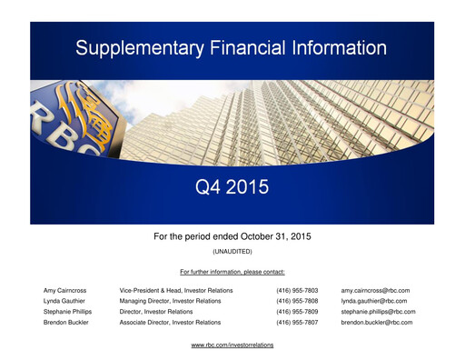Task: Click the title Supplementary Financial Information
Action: pos(232,46)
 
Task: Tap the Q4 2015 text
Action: pos(232,189)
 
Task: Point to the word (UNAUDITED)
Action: pos(232,250)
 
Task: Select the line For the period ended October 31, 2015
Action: pos(232,235)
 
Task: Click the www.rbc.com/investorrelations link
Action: pos(232,345)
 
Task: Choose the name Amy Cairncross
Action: pos(65,290)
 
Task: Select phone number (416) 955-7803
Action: pos(297,290)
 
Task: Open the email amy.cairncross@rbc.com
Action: pos(376,290)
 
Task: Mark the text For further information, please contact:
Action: pos(232,272)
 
